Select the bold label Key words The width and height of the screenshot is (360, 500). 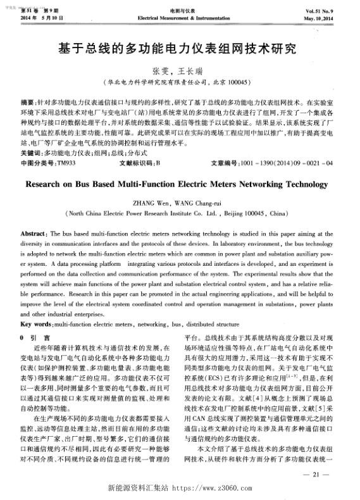37,323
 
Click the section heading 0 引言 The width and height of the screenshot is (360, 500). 35,337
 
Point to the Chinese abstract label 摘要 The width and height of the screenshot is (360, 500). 28,102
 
